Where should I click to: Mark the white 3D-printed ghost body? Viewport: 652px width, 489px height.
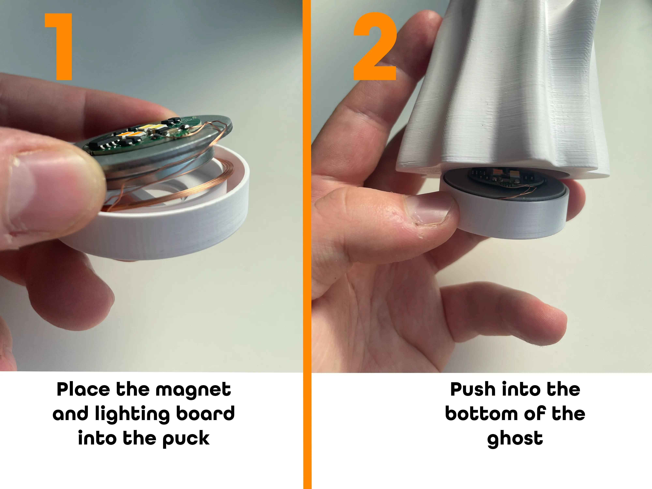point(501,88)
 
